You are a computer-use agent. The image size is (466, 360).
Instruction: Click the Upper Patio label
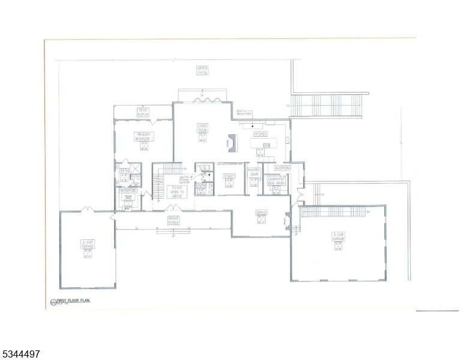coord(202,70)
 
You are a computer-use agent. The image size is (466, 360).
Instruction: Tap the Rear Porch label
coord(143,111)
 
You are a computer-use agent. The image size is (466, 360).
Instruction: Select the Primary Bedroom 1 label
coord(144,136)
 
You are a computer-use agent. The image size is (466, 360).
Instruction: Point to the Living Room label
coord(202,128)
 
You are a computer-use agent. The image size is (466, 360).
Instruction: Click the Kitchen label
coord(260,134)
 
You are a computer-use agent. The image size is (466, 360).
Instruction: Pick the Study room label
coord(229,176)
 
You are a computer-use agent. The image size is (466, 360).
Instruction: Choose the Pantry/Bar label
coord(253,172)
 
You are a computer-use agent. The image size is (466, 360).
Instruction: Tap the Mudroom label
coord(282,168)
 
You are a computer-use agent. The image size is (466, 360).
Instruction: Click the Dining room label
coord(261,212)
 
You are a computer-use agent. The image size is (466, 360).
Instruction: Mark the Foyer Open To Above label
coord(177,190)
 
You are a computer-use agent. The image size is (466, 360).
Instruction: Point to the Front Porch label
coord(174,220)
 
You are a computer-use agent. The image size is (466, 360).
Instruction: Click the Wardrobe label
coord(128,190)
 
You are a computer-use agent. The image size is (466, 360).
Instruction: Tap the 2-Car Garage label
coord(88,244)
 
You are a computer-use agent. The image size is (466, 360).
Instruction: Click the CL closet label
coord(204,167)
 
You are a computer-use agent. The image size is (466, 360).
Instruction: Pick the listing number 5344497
coord(21,354)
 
